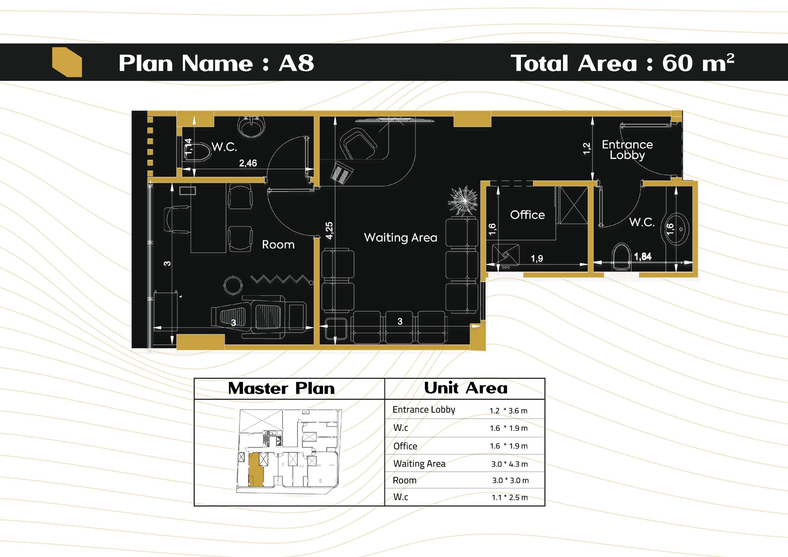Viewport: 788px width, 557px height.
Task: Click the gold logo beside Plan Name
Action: click(x=67, y=62)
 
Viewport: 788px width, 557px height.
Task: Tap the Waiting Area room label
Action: click(x=400, y=238)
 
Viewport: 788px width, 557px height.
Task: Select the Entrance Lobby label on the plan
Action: click(x=627, y=150)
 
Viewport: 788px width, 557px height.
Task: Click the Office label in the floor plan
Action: click(x=528, y=215)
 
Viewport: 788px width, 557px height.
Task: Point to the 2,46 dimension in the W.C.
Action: click(x=248, y=163)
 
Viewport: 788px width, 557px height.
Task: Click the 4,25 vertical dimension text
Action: click(x=329, y=230)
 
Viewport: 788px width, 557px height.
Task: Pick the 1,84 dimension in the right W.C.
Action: click(x=642, y=256)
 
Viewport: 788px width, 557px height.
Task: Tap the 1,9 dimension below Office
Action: click(x=537, y=259)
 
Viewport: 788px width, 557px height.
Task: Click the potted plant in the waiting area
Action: click(x=463, y=201)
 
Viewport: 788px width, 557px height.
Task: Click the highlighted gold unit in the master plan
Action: click(x=255, y=470)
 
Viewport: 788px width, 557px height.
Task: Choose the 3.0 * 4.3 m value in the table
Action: click(x=509, y=464)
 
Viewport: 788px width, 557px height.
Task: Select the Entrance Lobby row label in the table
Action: click(x=424, y=410)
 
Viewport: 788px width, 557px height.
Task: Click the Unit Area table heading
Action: click(x=466, y=388)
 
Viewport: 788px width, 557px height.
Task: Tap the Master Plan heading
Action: click(x=281, y=388)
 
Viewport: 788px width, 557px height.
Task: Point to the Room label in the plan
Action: click(x=278, y=244)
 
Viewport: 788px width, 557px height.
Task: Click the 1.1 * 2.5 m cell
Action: click(x=510, y=498)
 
